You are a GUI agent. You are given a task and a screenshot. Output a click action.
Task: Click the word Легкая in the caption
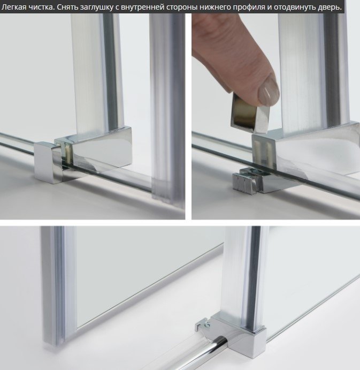coord(14,7)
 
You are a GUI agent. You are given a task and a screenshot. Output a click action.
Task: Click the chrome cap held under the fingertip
coord(250,112)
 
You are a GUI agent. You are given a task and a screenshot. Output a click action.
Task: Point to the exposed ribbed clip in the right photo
coord(248,182)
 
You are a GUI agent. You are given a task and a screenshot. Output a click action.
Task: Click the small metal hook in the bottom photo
coord(203,324)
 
